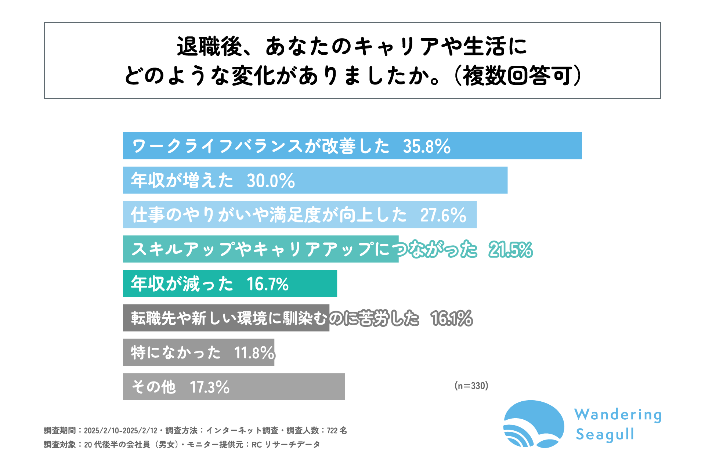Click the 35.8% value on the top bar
[427, 146]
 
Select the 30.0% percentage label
[271, 181]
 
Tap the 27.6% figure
[443, 215]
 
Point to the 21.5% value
[510, 250]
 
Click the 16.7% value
[267, 284]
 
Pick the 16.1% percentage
[452, 318]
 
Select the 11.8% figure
[254, 353]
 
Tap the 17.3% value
[209, 387]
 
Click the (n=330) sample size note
[471, 386]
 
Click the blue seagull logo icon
[534, 424]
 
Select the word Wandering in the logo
[618, 415]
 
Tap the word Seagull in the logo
[605, 434]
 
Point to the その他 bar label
[153, 387]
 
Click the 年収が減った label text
[182, 284]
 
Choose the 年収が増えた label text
[182, 181]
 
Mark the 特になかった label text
[176, 353]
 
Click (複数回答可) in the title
[518, 76]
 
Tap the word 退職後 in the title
[209, 47]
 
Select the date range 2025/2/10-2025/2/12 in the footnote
[120, 430]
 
